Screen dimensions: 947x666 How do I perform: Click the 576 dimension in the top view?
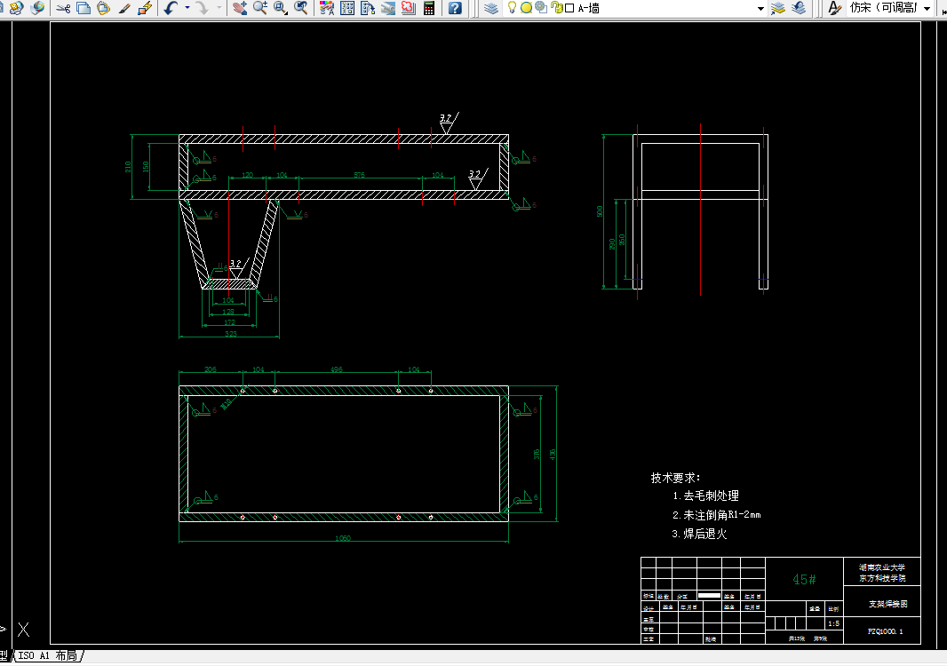click(359, 175)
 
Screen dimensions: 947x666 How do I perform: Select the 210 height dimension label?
click(129, 166)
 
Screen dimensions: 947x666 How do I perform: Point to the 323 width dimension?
click(230, 334)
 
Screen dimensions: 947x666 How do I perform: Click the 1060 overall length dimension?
click(343, 538)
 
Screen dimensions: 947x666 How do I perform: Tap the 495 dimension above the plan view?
click(337, 369)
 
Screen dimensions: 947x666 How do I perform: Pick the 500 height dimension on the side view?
click(600, 211)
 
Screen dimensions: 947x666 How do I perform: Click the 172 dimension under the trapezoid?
click(229, 322)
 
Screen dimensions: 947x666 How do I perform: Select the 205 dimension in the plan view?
click(211, 369)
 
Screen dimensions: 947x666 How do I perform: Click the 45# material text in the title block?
click(804, 579)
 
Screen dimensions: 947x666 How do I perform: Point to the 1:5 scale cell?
click(833, 623)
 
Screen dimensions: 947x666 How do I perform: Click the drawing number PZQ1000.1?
click(885, 631)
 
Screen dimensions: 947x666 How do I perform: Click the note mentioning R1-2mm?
click(716, 515)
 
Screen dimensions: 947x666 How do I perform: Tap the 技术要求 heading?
click(675, 478)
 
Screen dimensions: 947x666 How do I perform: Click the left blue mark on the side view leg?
click(638, 281)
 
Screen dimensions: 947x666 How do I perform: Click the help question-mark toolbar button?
click(455, 8)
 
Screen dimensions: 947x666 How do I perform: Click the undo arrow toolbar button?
click(171, 8)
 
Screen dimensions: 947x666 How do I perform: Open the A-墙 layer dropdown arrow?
click(760, 8)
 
